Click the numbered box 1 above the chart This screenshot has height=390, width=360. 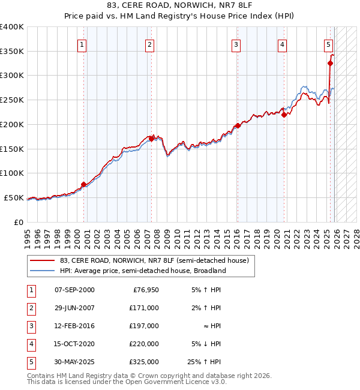(x=82, y=44)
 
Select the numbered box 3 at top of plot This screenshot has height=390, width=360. (x=236, y=44)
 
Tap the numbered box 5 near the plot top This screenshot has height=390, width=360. (x=329, y=44)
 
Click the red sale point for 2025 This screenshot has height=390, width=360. (x=330, y=63)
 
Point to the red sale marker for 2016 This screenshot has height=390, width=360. (x=238, y=125)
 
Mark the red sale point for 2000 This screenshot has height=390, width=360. (x=83, y=184)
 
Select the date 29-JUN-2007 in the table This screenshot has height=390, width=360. (x=74, y=308)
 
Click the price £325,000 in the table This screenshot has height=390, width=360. (x=144, y=362)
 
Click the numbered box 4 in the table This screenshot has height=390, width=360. (x=31, y=344)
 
